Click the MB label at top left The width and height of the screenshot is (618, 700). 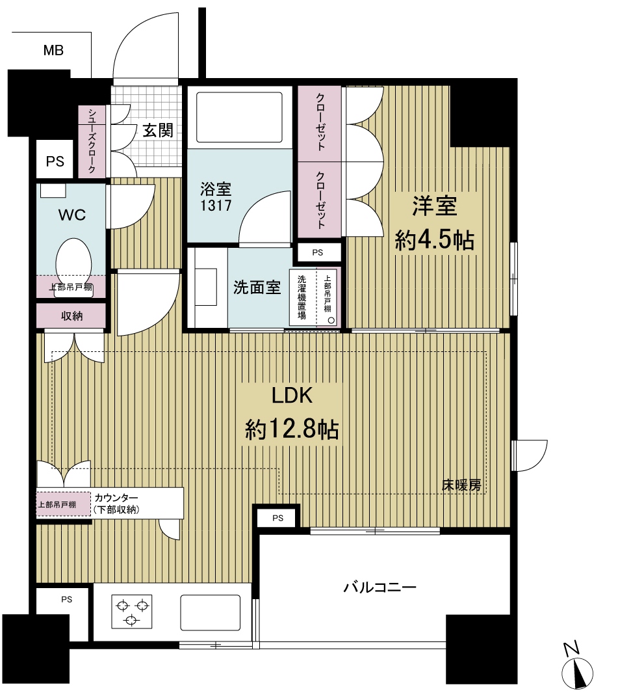tap(53, 51)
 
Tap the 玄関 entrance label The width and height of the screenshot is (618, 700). tap(158, 130)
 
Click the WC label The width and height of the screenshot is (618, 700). tap(72, 215)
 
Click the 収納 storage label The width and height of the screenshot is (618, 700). tap(71, 316)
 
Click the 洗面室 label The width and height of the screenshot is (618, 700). tap(257, 288)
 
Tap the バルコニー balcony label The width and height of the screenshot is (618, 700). tap(380, 587)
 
